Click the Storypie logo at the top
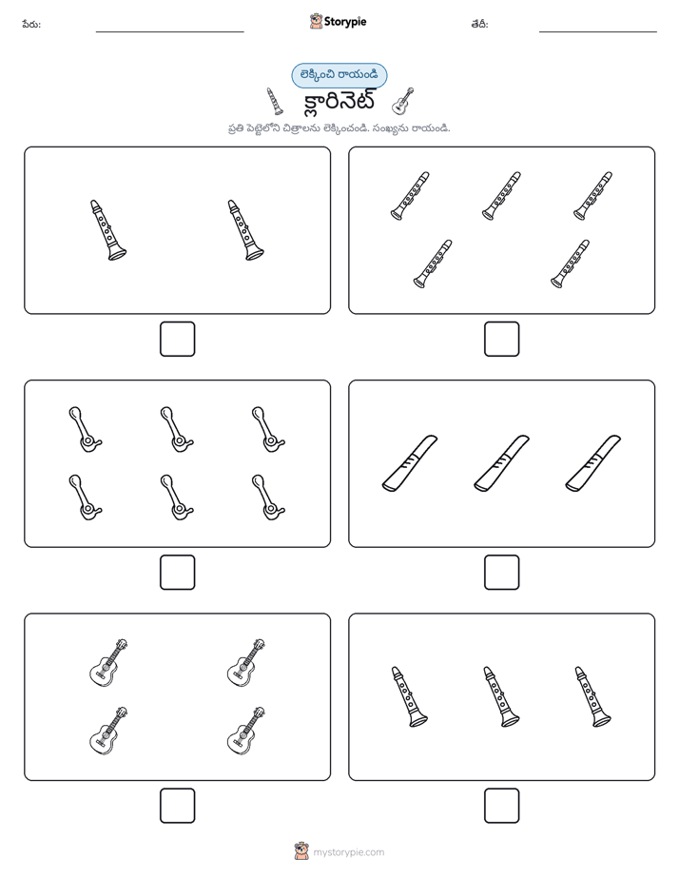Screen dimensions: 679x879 click(338, 21)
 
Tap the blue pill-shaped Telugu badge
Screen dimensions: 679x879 click(339, 75)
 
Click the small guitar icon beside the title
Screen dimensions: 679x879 click(403, 101)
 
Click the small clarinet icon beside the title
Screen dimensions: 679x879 click(274, 101)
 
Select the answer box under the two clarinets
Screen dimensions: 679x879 click(178, 340)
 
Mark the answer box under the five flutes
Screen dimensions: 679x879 click(501, 340)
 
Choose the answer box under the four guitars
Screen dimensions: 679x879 click(178, 806)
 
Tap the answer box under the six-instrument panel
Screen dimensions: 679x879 click(178, 573)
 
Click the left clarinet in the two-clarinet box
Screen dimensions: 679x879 click(107, 230)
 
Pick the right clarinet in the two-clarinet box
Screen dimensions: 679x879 click(245, 230)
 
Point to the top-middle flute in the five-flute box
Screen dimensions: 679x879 click(501, 196)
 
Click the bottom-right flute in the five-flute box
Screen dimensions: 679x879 click(570, 264)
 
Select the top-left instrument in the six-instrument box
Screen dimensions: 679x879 click(86, 429)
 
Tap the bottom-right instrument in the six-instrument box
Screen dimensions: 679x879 click(268, 498)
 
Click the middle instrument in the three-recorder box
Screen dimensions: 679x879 click(501, 463)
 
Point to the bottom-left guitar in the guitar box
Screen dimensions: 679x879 click(108, 731)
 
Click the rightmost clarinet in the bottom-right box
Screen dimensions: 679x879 click(592, 696)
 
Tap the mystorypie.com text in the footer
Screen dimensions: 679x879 click(348, 852)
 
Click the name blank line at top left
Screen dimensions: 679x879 click(169, 32)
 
